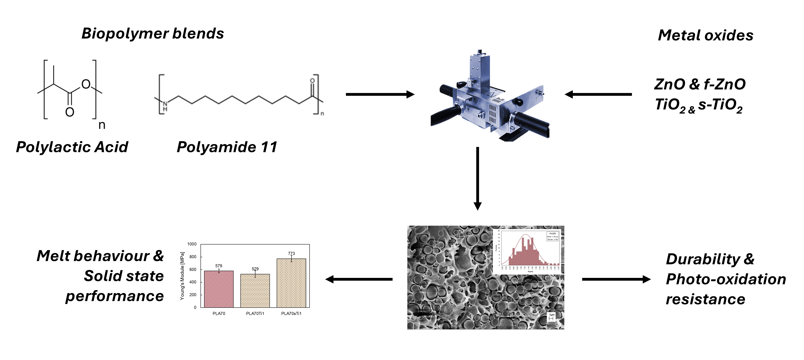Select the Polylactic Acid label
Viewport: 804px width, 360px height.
click(72, 147)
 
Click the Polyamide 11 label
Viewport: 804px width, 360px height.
click(227, 147)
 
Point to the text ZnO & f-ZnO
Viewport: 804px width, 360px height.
click(700, 84)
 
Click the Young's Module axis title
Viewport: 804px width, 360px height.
click(182, 276)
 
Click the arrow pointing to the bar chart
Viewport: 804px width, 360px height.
click(359, 279)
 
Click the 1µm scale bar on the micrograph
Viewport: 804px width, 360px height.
click(551, 318)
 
